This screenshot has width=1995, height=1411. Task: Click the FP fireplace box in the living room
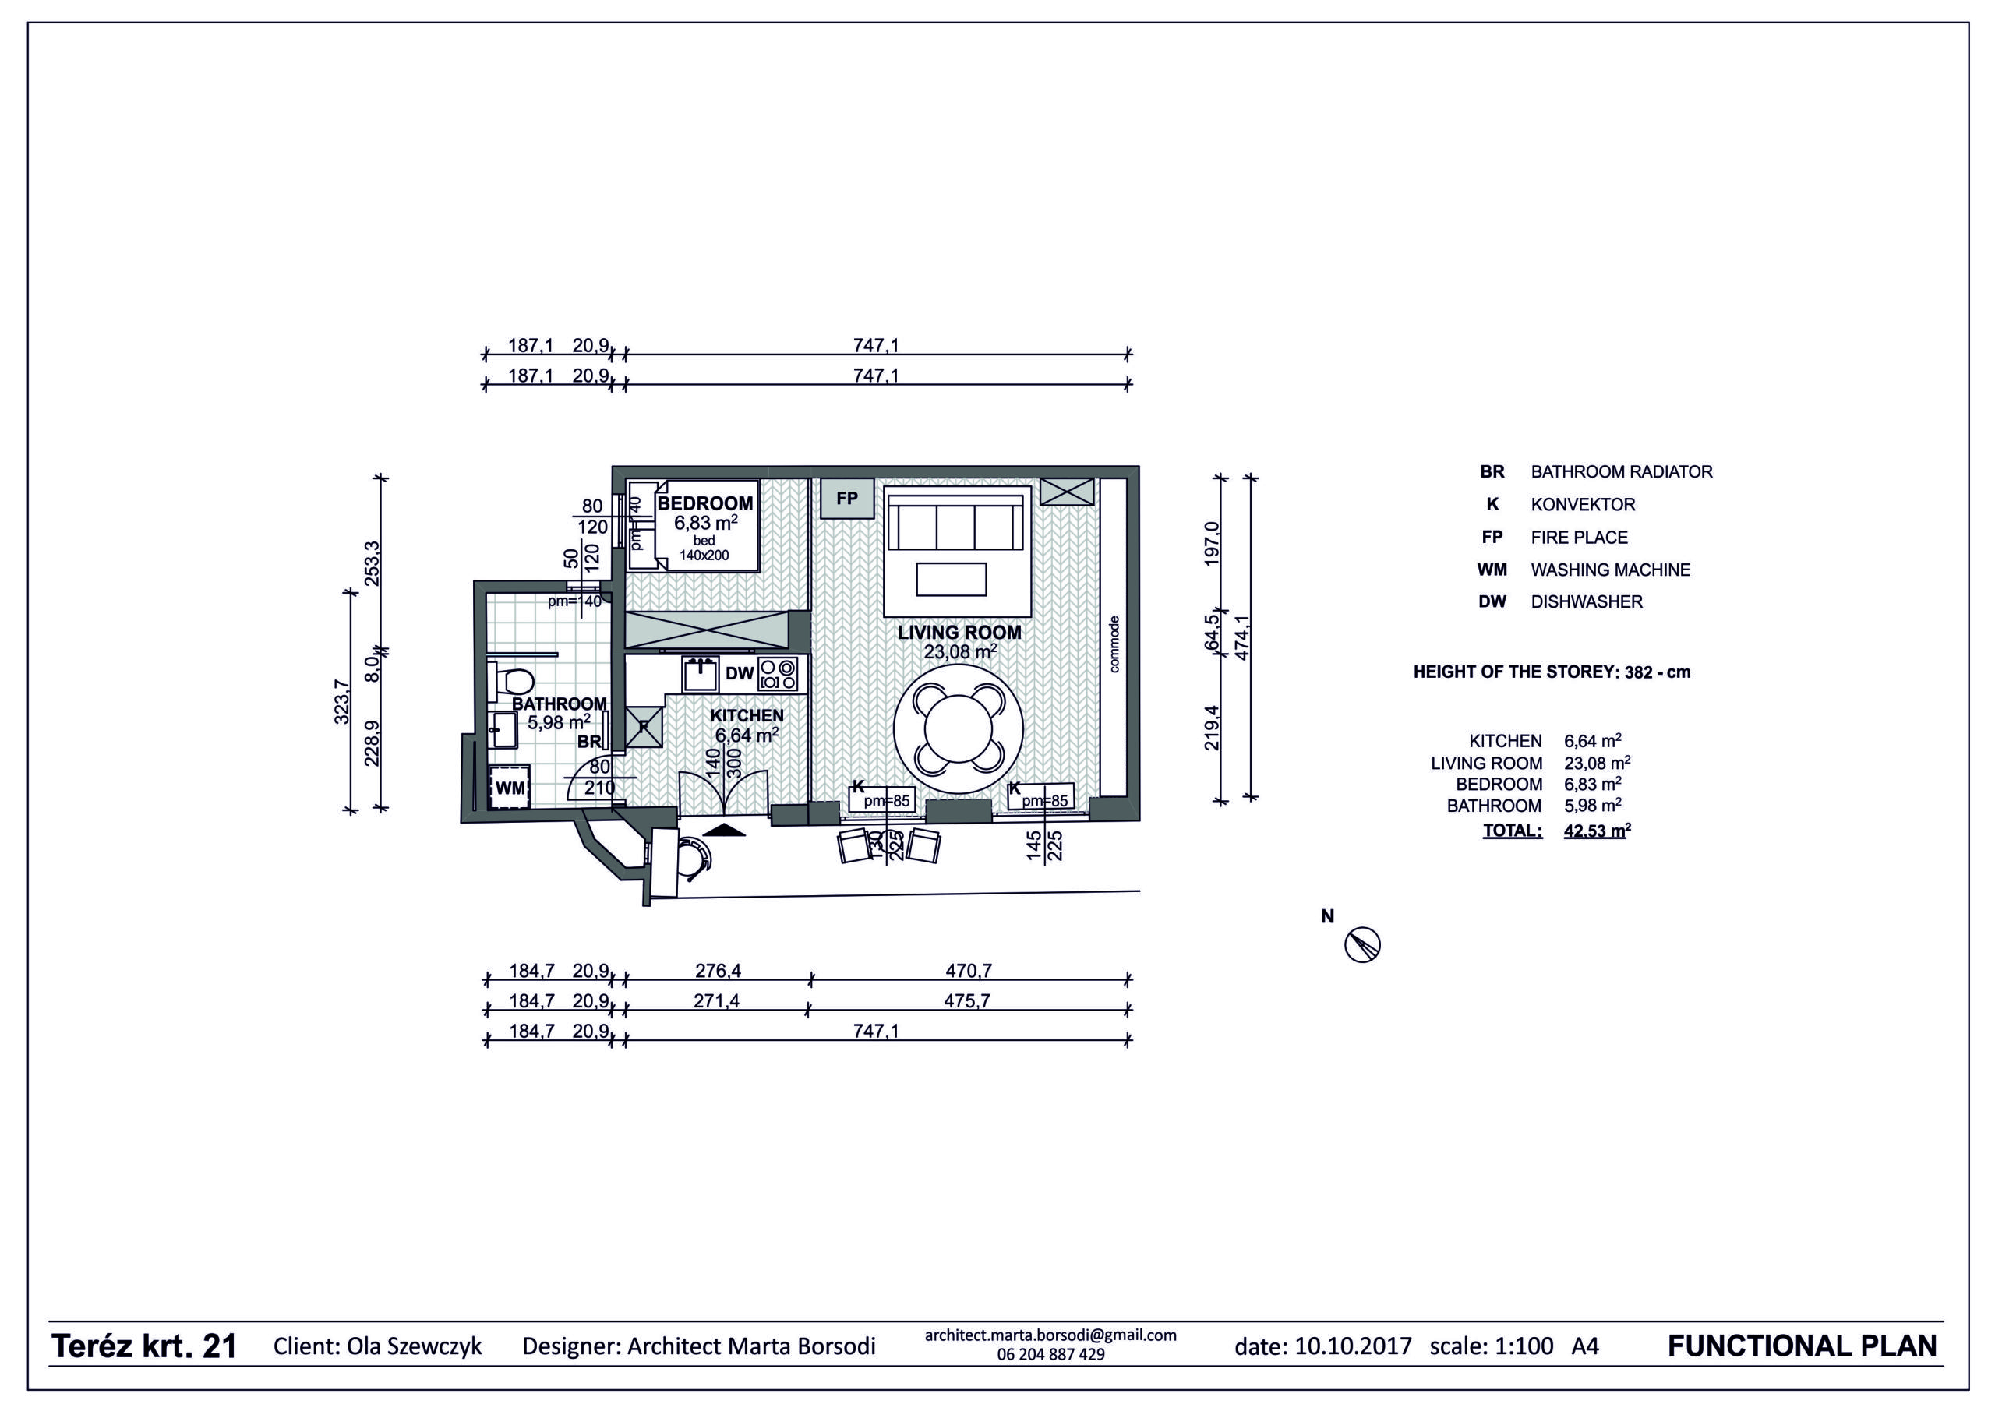pos(846,499)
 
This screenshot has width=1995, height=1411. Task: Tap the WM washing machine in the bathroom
pos(509,787)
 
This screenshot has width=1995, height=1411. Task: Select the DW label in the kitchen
pos(740,673)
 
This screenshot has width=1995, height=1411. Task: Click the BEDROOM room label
pos(704,503)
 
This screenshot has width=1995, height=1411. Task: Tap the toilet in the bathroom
pos(511,680)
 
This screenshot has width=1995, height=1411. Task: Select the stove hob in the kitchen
pos(777,674)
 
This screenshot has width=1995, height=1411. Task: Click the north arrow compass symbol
pos(1362,944)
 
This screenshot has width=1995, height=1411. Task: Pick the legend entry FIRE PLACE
pos(1579,537)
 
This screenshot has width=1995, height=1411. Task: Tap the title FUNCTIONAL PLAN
pos(1802,1346)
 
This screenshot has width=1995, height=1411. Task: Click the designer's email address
pos(1050,1335)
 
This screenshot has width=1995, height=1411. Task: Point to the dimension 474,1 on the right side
pos(1241,638)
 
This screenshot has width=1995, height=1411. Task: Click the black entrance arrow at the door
pos(724,830)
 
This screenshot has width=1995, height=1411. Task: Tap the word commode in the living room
pos(1115,644)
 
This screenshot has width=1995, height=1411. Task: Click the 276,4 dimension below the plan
pos(717,970)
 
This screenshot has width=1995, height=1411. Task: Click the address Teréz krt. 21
pos(144,1346)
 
